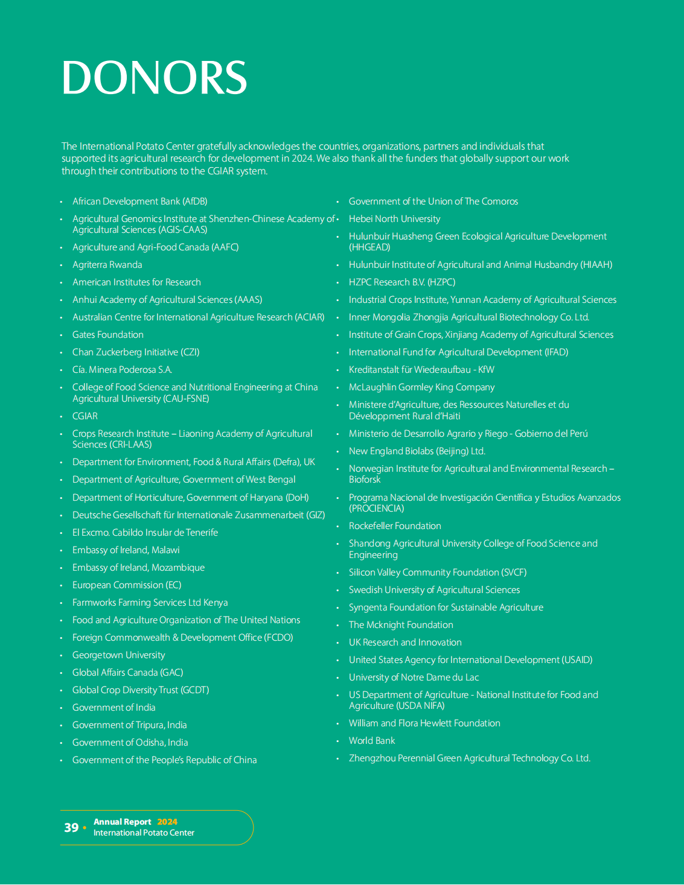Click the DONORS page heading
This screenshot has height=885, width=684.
click(154, 78)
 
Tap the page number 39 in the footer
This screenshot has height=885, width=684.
click(71, 828)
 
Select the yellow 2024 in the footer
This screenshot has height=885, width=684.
click(167, 822)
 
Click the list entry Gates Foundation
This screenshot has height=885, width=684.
click(108, 335)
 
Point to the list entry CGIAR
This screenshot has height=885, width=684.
click(85, 416)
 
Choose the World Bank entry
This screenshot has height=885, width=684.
click(372, 741)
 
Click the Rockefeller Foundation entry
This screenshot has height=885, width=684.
click(395, 526)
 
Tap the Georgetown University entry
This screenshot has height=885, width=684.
click(118, 655)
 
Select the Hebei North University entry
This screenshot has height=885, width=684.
click(394, 219)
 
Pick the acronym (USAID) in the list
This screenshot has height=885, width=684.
click(577, 660)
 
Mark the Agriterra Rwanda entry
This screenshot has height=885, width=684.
click(107, 265)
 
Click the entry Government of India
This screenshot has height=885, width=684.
click(113, 708)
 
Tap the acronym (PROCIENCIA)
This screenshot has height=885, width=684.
click(377, 509)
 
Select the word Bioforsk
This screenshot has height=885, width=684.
click(365, 480)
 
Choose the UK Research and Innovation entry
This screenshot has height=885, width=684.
click(405, 642)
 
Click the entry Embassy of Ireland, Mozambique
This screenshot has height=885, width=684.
click(138, 568)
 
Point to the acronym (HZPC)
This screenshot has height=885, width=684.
click(441, 282)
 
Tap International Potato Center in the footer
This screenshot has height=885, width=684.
click(144, 833)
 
